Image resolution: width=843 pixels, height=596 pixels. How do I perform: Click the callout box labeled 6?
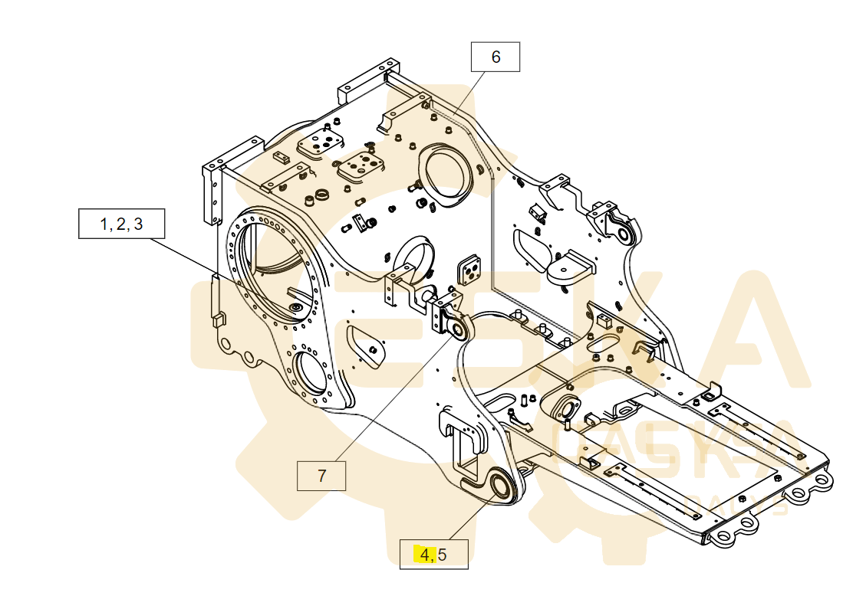coord(496,57)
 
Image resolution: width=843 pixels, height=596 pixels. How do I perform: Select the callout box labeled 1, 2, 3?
coord(121,224)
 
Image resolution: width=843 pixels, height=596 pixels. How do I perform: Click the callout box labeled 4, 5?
coord(433,554)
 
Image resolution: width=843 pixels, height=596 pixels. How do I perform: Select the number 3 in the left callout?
coord(137,224)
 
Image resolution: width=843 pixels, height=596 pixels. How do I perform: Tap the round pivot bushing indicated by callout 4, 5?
coord(502,487)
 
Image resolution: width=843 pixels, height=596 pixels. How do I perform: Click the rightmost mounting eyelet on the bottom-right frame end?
coord(822,481)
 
